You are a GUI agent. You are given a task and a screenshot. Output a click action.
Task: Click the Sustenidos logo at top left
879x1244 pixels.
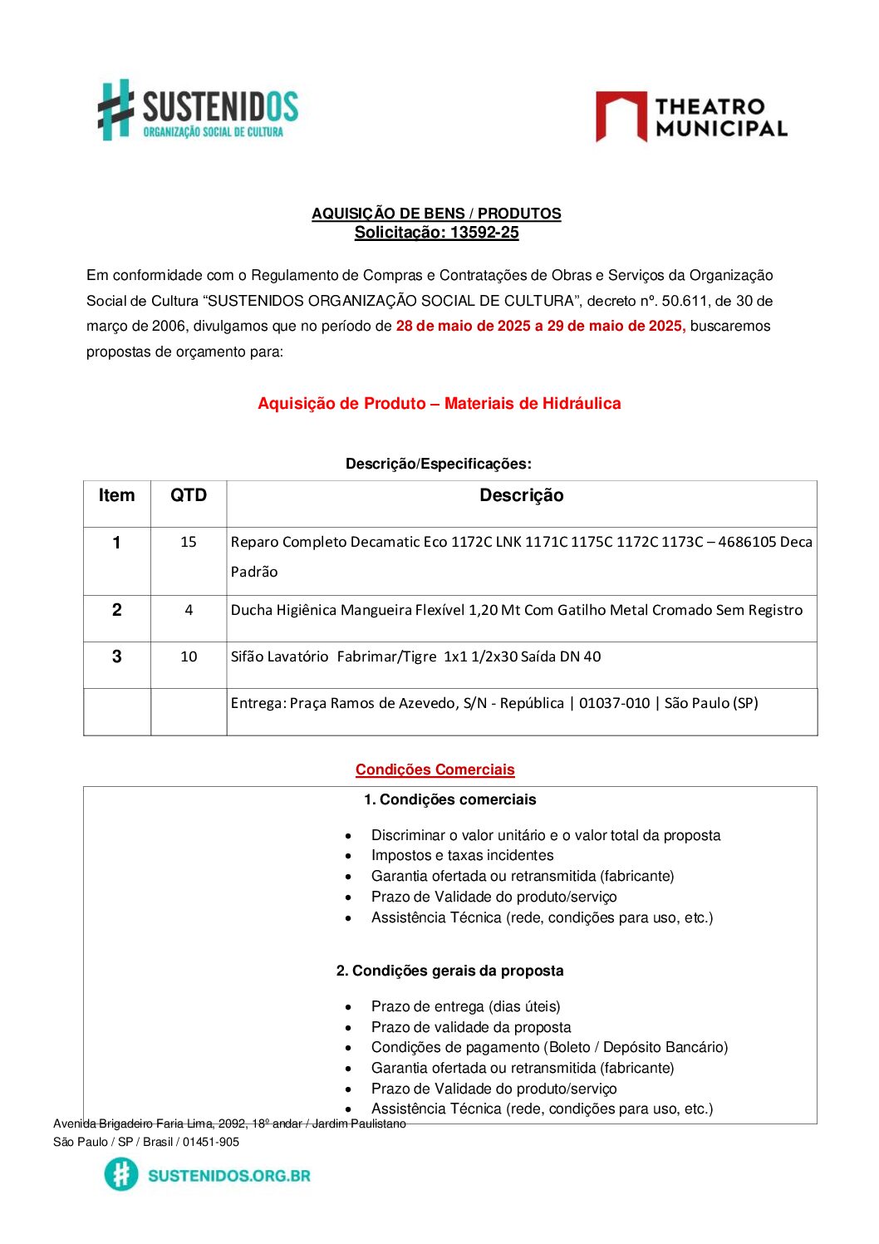tap(198, 110)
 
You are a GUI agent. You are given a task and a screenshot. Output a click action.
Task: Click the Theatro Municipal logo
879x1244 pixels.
tap(691, 117)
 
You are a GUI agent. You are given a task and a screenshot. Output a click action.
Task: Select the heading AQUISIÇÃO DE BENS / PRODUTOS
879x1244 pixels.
tap(436, 214)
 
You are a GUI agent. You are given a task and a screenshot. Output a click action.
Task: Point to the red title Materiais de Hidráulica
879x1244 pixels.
tap(533, 403)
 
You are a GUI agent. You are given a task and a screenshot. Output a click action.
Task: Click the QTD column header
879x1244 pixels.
tap(189, 495)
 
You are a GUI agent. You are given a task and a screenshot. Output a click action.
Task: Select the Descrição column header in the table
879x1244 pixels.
tap(521, 495)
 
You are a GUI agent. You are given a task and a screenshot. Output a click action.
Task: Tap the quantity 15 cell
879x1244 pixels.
tap(189, 542)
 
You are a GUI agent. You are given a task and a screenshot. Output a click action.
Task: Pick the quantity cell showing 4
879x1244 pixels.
tap(189, 610)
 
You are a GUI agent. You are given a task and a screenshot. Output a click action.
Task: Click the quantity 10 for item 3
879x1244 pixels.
tap(189, 656)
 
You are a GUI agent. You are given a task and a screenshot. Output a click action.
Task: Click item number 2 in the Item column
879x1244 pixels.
tap(116, 610)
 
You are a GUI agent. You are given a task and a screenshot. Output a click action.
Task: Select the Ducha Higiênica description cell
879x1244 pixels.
tap(516, 610)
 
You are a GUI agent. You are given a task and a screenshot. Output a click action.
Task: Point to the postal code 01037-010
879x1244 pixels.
tap(614, 703)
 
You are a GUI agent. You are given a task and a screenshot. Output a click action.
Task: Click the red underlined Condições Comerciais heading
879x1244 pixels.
tap(435, 770)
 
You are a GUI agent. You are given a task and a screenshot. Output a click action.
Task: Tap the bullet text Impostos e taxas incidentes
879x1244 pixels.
tap(462, 855)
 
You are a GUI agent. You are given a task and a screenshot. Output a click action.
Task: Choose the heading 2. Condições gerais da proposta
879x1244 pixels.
tap(449, 971)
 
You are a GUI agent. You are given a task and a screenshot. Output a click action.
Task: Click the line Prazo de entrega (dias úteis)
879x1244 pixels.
tap(465, 1006)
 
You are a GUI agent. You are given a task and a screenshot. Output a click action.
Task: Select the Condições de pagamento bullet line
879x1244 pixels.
tap(549, 1047)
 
